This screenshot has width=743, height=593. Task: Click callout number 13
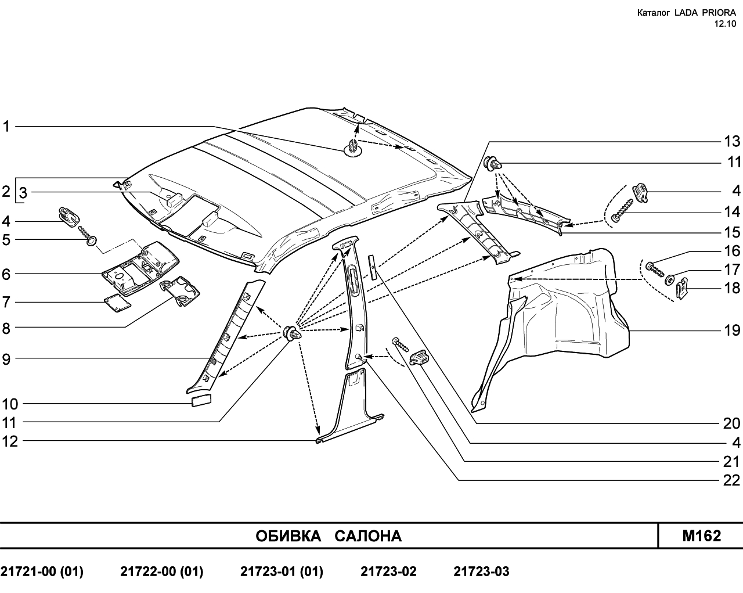point(731,141)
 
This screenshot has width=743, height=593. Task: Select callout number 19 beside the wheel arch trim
point(731,330)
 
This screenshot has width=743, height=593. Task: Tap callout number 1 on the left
point(6,127)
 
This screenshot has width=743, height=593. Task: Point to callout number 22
point(731,480)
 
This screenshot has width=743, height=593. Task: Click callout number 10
point(10,404)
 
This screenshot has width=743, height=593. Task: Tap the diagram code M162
point(702,536)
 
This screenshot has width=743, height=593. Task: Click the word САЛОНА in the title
point(368,536)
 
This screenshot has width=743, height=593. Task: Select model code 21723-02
point(388,572)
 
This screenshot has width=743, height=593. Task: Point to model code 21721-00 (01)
point(42,572)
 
